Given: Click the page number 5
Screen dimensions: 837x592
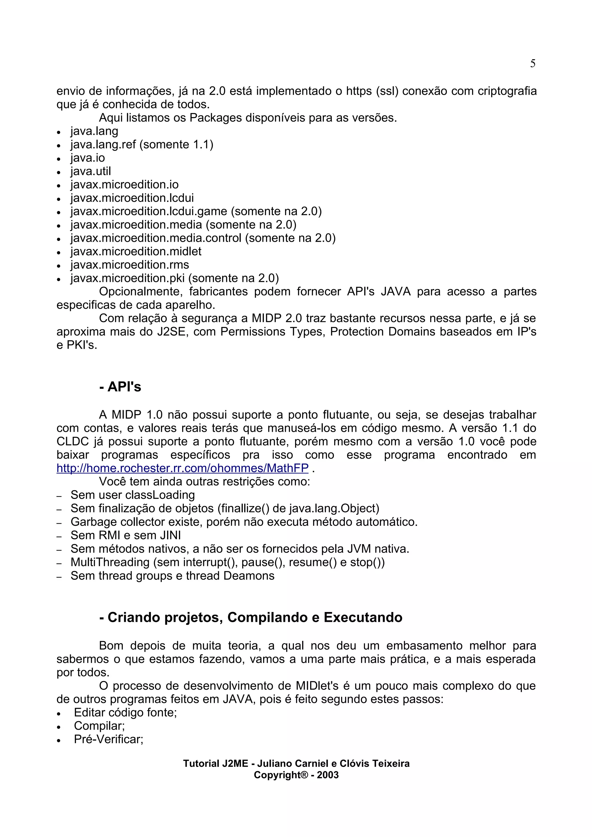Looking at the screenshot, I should click(x=532, y=64).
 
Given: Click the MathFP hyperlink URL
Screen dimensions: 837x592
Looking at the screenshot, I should click(x=182, y=468).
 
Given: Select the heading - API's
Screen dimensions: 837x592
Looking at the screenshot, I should click(x=120, y=387).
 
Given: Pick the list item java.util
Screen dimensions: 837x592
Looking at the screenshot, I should click(x=90, y=171).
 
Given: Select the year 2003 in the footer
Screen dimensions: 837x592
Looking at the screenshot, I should click(x=328, y=775).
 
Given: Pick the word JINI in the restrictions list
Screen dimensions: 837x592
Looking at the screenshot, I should click(x=170, y=535).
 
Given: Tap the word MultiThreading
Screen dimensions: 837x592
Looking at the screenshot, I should click(x=110, y=562).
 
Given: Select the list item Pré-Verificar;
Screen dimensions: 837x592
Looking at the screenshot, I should click(x=108, y=739).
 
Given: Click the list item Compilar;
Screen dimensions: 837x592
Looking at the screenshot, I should click(x=99, y=726).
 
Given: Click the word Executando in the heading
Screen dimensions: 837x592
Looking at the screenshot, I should click(x=363, y=617).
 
